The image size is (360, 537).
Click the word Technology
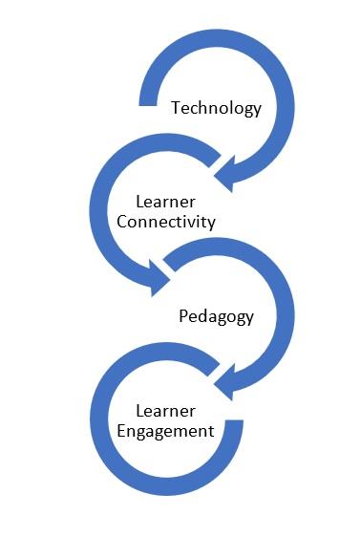[216, 108]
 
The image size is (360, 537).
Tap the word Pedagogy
[217, 317]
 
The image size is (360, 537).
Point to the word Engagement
[164, 431]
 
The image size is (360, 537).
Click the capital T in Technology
[176, 108]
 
